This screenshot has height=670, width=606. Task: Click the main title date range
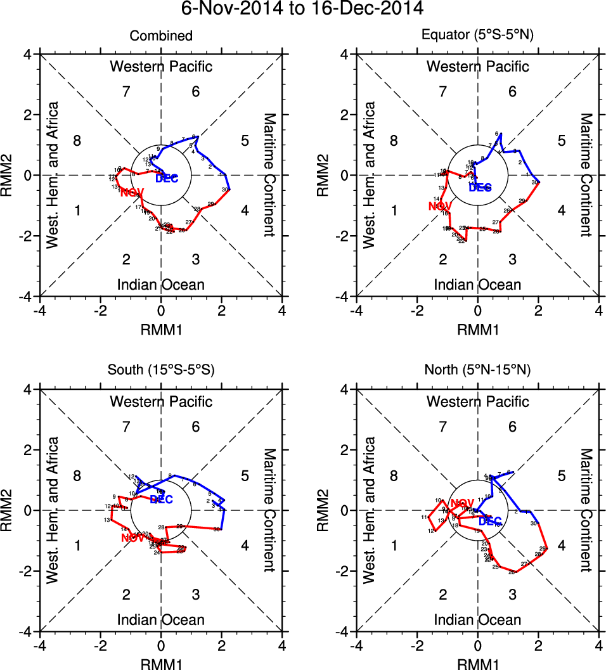pos(303,9)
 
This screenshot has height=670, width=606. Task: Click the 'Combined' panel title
pos(161,36)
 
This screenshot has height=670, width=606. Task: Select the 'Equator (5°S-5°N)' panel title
pos(478,36)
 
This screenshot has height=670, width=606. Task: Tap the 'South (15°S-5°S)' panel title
pos(161,371)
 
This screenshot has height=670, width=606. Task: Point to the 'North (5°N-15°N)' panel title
pos(478,371)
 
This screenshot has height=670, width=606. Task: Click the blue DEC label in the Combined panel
pos(167,178)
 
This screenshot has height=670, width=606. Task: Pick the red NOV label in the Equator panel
pos(439,206)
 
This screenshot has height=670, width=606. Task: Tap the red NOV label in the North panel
pos(462,503)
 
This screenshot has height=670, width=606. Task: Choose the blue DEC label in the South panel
pos(161,500)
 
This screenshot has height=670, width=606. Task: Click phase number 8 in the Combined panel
pos(77,141)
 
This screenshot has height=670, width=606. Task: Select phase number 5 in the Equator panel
pos(561,141)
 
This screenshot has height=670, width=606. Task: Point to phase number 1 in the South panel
pos(77,546)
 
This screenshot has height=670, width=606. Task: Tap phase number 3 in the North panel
pos(512,594)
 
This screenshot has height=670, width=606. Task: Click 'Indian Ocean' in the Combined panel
pos(161,285)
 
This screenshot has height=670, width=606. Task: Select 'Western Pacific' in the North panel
pos(478,401)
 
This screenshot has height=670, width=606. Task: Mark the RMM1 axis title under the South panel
pos(161,664)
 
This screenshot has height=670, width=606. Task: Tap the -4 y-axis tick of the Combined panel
pos(28,297)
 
